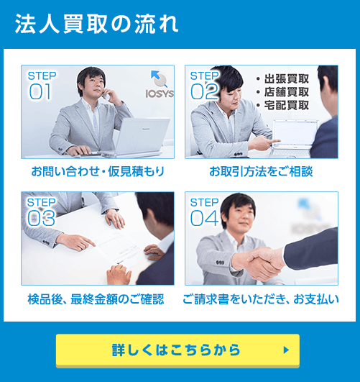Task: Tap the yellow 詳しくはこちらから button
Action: pyautogui.click(x=177, y=350)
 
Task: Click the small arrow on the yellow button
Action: pyautogui.click(x=286, y=350)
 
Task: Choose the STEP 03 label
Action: pyautogui.click(x=41, y=212)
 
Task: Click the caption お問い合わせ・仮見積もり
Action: pyautogui.click(x=98, y=172)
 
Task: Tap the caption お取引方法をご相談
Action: pyautogui.click(x=261, y=172)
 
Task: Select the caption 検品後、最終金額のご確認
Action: pyautogui.click(x=96, y=299)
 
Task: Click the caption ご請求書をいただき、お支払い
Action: pyautogui.click(x=261, y=299)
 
